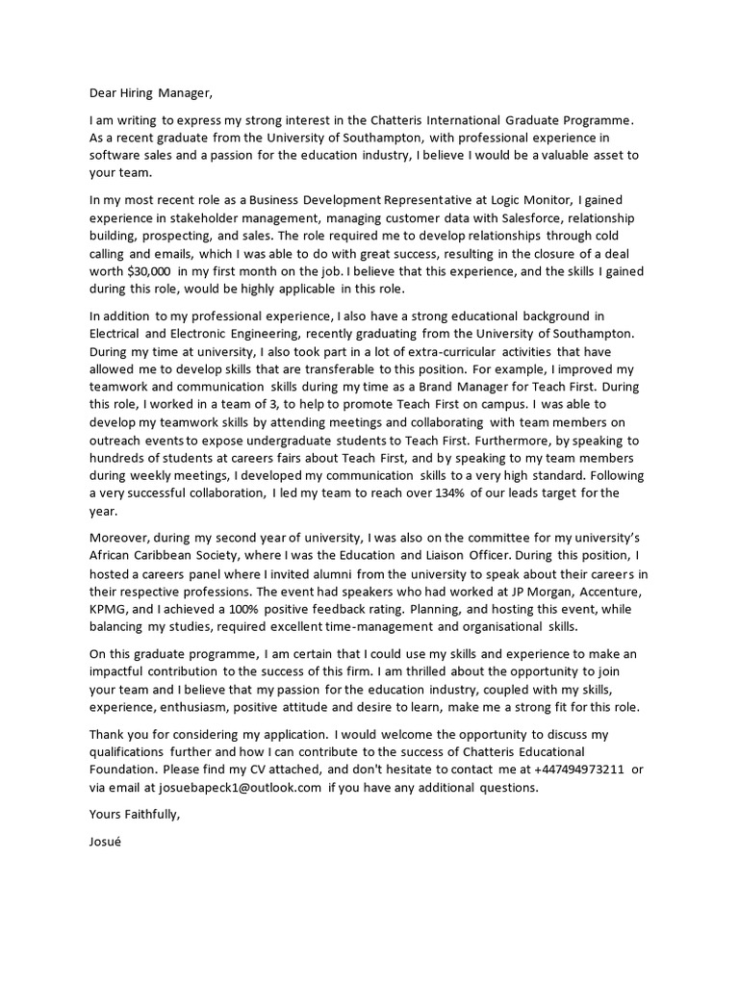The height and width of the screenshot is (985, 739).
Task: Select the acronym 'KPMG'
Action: pyautogui.click(x=107, y=609)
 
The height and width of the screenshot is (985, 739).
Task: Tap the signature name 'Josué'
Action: pyautogui.click(x=105, y=841)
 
